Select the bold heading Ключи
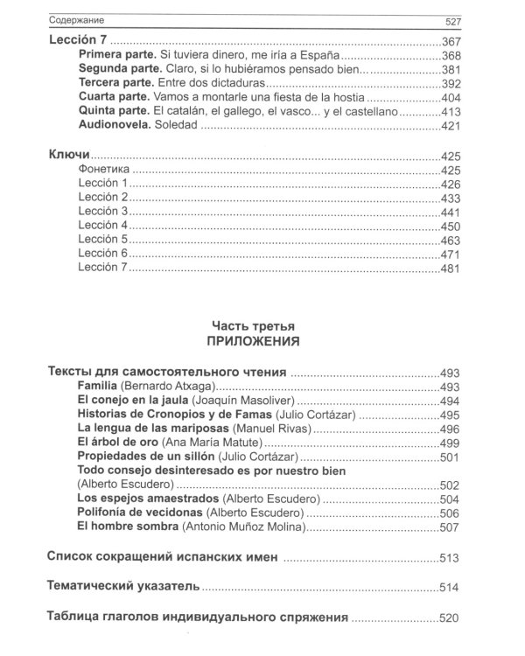(x=66, y=156)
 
